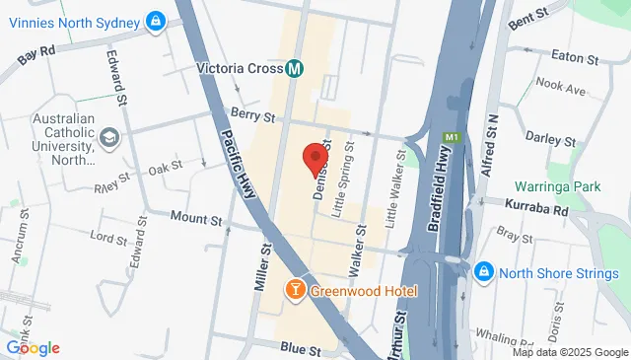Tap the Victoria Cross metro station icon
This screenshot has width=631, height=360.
[294, 69]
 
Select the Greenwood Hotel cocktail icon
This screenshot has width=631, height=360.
[294, 290]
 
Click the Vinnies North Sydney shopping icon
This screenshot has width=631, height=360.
[156, 20]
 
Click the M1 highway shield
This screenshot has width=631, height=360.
[452, 136]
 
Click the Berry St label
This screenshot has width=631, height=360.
[252, 115]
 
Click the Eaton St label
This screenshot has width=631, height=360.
[579, 57]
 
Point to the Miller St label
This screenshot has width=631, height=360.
[262, 268]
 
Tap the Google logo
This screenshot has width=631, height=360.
[33, 347]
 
